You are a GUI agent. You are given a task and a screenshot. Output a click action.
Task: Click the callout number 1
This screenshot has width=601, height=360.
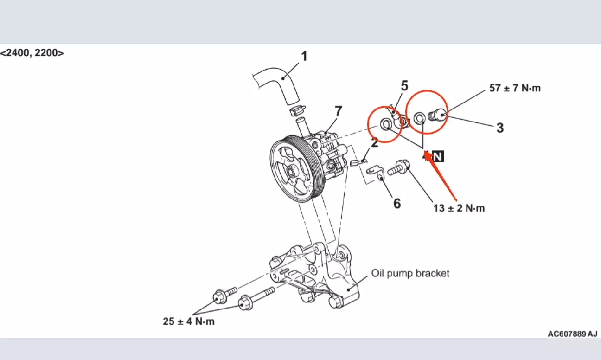[x=304, y=56]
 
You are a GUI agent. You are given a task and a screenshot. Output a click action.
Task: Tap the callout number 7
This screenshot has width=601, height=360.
[x=339, y=111]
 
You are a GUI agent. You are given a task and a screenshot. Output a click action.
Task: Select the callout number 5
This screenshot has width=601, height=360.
[x=404, y=86]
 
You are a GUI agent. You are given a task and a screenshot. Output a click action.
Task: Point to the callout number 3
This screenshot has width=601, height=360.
[x=500, y=128]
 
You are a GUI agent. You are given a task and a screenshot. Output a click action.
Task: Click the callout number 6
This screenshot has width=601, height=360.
[x=397, y=204]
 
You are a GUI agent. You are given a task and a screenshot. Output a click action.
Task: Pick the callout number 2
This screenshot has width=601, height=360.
[x=375, y=142]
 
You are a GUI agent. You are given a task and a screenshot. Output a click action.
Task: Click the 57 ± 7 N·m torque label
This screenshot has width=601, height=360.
[x=515, y=88]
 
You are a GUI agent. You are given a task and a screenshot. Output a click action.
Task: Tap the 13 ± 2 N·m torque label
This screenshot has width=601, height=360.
[x=459, y=208]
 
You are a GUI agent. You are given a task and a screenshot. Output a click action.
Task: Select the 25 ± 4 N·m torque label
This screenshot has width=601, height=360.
[x=189, y=321]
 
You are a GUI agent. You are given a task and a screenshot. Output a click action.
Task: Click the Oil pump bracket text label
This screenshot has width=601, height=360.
[x=410, y=273]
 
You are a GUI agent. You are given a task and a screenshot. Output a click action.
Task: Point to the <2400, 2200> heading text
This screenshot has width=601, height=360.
[x=32, y=53]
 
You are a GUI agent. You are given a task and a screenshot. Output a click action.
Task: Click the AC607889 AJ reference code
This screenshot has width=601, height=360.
[x=572, y=334]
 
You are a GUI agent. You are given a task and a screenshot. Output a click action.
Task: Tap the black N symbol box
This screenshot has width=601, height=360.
[x=438, y=156]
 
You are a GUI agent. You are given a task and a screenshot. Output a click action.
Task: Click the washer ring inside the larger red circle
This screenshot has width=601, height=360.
[x=419, y=118]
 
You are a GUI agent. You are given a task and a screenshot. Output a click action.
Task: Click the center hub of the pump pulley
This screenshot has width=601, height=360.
[x=291, y=171]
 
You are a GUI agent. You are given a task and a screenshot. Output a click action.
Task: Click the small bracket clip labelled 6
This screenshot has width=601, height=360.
[x=376, y=173]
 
